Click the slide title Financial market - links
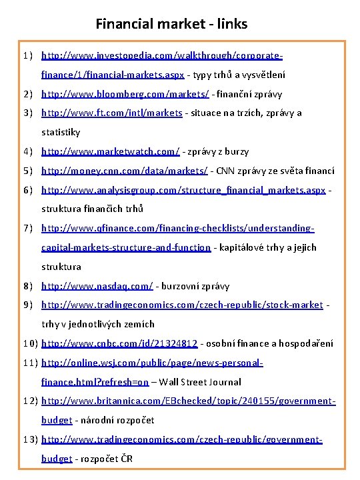pyautogui.click(x=171, y=24)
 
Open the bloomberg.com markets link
pyautogui.click(x=125, y=93)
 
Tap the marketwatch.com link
pyautogui.click(x=111, y=151)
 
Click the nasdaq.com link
pyautogui.click(x=97, y=286)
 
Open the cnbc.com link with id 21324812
pyautogui.click(x=119, y=343)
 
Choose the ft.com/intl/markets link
pyautogui.click(x=111, y=113)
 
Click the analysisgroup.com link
pyautogui.click(x=183, y=191)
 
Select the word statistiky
pyautogui.click(x=61, y=132)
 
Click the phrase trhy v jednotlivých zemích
pyautogui.click(x=98, y=324)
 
